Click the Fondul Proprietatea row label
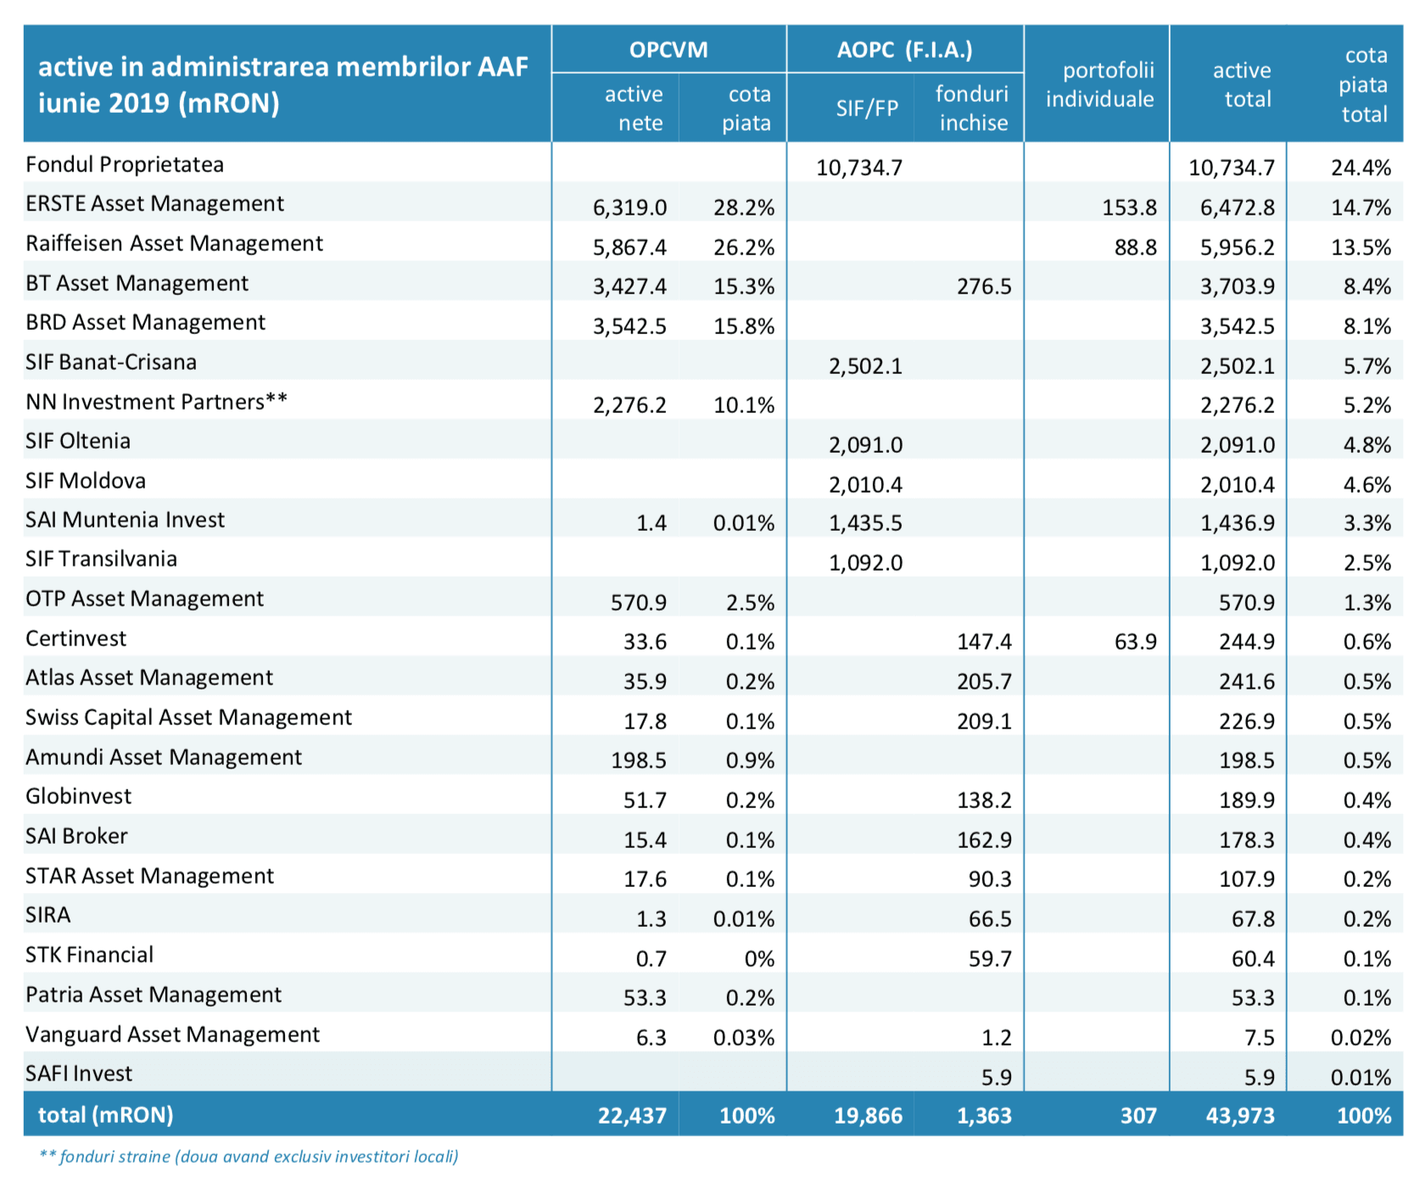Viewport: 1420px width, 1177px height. [125, 165]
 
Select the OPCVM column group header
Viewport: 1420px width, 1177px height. [668, 50]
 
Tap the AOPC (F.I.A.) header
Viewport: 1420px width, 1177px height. [904, 50]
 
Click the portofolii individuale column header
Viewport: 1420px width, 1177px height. [1099, 85]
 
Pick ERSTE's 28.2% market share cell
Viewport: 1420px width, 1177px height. [744, 208]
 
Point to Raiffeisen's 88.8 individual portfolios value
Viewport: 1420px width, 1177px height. [1136, 248]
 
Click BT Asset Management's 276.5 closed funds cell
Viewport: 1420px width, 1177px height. [984, 287]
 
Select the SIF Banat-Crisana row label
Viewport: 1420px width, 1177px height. [111, 362]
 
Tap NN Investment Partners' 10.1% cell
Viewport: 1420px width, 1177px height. [744, 405]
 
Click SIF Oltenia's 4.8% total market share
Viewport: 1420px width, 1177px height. [1367, 445]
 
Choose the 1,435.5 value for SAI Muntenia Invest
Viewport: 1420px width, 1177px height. [865, 523]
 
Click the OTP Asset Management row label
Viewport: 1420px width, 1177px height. [144, 599]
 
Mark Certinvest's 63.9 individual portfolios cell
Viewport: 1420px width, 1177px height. [1136, 642]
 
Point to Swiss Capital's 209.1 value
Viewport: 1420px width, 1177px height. [984, 722]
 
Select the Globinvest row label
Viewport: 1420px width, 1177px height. [78, 796]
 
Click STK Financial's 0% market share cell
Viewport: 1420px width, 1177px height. [759, 959]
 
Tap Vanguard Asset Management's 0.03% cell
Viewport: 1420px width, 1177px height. [744, 1038]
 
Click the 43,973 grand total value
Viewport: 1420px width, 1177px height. [1239, 1116]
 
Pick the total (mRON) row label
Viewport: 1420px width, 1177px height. [105, 1115]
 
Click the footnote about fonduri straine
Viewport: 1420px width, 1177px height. [249, 1157]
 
